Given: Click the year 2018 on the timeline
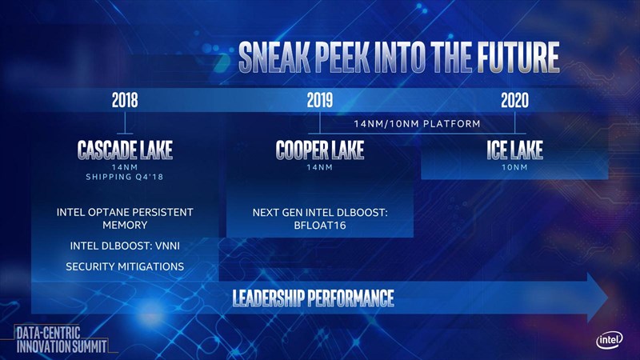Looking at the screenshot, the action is pyautogui.click(x=125, y=100).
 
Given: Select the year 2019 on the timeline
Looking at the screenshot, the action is pyautogui.click(x=319, y=100).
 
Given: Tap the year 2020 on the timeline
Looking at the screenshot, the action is pyautogui.click(x=514, y=100).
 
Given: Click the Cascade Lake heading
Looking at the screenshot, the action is pyautogui.click(x=125, y=150).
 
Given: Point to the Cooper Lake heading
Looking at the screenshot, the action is pyautogui.click(x=319, y=150).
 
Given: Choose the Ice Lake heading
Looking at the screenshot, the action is pyautogui.click(x=514, y=150).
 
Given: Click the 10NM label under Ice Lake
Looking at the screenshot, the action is pyautogui.click(x=514, y=167).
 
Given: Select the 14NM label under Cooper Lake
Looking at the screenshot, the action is pyautogui.click(x=319, y=167).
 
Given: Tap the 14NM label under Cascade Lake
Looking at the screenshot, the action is pyautogui.click(x=125, y=167).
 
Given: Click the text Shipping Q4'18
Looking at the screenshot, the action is pyautogui.click(x=125, y=177).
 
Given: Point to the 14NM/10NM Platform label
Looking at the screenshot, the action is pyautogui.click(x=417, y=124).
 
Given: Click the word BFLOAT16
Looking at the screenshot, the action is pyautogui.click(x=320, y=226).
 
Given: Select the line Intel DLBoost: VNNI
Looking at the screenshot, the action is pyautogui.click(x=125, y=246).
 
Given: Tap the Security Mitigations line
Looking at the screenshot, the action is pyautogui.click(x=125, y=267).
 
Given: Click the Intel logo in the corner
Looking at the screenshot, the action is pyautogui.click(x=610, y=339).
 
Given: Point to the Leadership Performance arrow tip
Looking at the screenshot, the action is pyautogui.click(x=608, y=298).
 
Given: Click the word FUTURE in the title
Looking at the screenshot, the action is pyautogui.click(x=518, y=57).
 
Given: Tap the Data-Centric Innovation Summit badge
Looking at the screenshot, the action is pyautogui.click(x=62, y=339).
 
